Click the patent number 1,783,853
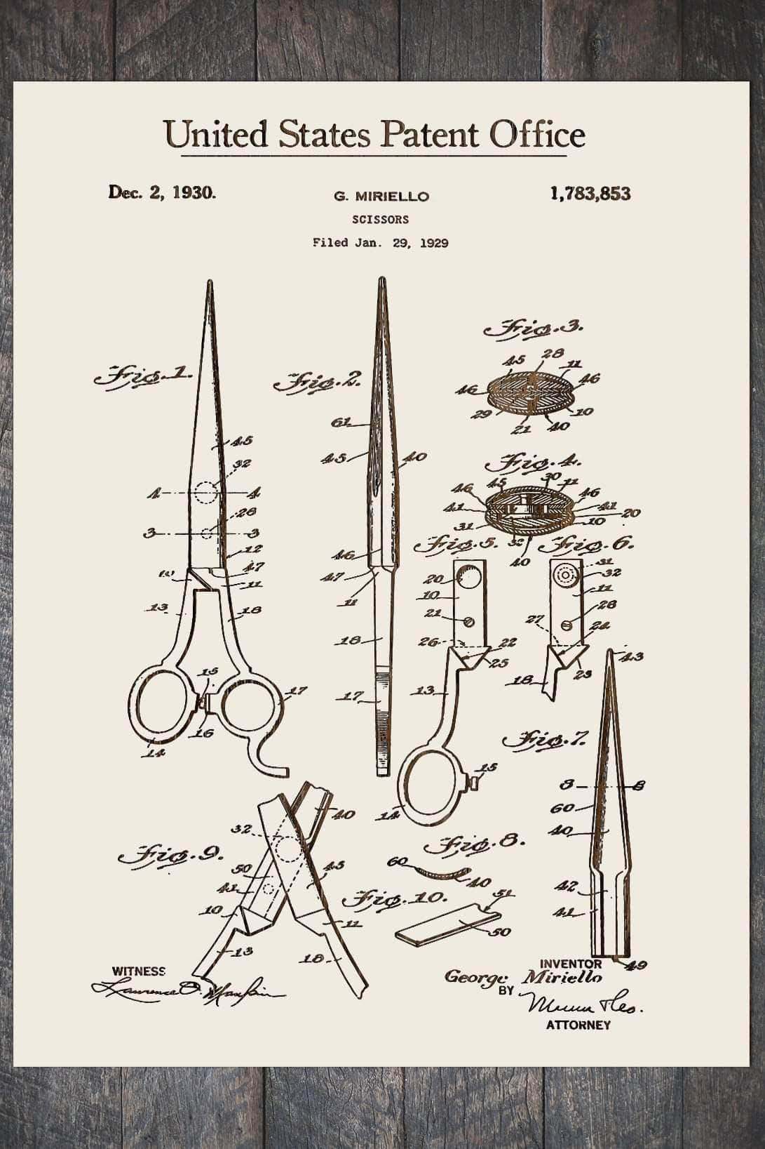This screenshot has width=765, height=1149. tap(590, 194)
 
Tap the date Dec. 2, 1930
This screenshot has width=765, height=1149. tap(162, 192)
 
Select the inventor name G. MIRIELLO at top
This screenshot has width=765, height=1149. tap(381, 197)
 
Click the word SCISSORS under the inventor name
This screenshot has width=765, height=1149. tap(381, 220)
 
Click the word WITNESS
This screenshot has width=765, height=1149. tap(139, 971)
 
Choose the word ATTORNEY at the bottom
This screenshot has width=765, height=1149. tap(578, 1025)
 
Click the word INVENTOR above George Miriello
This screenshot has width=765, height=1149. tap(571, 964)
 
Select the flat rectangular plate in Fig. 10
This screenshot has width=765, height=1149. tap(446, 923)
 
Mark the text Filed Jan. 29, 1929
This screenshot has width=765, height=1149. tap(381, 243)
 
